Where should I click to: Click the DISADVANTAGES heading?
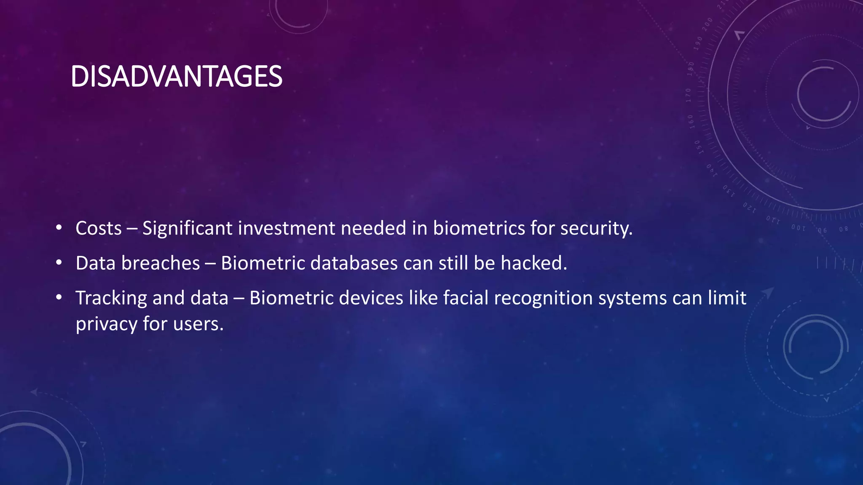point(176,77)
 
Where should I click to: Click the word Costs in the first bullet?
point(99,228)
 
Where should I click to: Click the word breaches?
point(161,263)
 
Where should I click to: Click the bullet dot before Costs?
point(59,228)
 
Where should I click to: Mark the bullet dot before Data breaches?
point(59,263)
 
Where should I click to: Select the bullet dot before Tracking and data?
point(59,298)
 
